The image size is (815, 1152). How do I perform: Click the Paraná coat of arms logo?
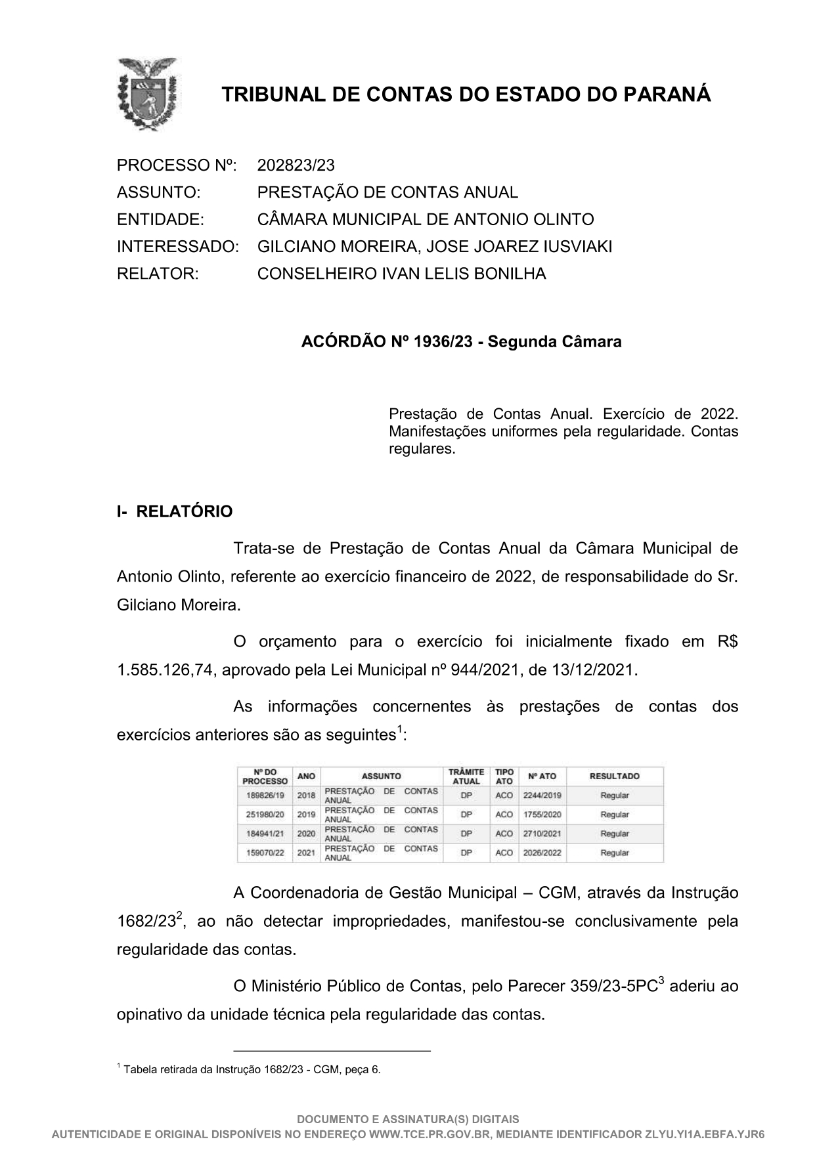pos(146,95)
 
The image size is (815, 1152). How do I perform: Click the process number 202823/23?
pos(296,165)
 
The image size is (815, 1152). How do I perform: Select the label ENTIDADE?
pos(160,219)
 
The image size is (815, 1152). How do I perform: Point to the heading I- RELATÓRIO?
pos(175,511)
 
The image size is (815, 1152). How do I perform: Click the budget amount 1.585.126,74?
pos(167,670)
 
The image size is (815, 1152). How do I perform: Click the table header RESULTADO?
pos(614,776)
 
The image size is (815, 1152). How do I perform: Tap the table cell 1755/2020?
pos(542,815)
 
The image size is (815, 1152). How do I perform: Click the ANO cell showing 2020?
pos(306,834)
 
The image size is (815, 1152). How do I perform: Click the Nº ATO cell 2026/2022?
pos(542,853)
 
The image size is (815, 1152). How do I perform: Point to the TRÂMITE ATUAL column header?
pos(466,776)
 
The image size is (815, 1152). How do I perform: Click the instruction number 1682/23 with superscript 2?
pos(146,922)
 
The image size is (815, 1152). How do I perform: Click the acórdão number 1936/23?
pos(443,342)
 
